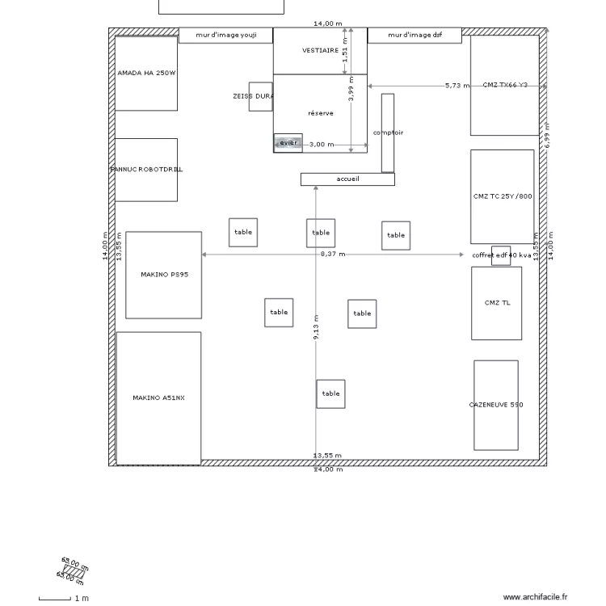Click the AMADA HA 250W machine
(x=145, y=73)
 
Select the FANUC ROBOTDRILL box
(x=145, y=170)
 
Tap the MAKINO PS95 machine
(x=164, y=275)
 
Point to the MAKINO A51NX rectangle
(x=158, y=398)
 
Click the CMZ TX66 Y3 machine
(x=504, y=85)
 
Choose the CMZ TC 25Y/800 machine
(x=502, y=196)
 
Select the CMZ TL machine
(x=497, y=303)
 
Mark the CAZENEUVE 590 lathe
(x=495, y=405)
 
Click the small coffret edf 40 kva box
(x=501, y=255)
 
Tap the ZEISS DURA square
(x=260, y=96)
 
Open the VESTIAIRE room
(x=319, y=50)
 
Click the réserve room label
(x=320, y=113)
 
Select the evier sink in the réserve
(x=288, y=143)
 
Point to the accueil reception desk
(x=347, y=179)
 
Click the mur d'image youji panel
(x=225, y=35)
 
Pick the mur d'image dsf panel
(x=415, y=35)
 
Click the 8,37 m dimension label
(x=332, y=254)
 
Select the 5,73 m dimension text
(x=457, y=85)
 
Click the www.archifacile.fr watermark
(x=536, y=597)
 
